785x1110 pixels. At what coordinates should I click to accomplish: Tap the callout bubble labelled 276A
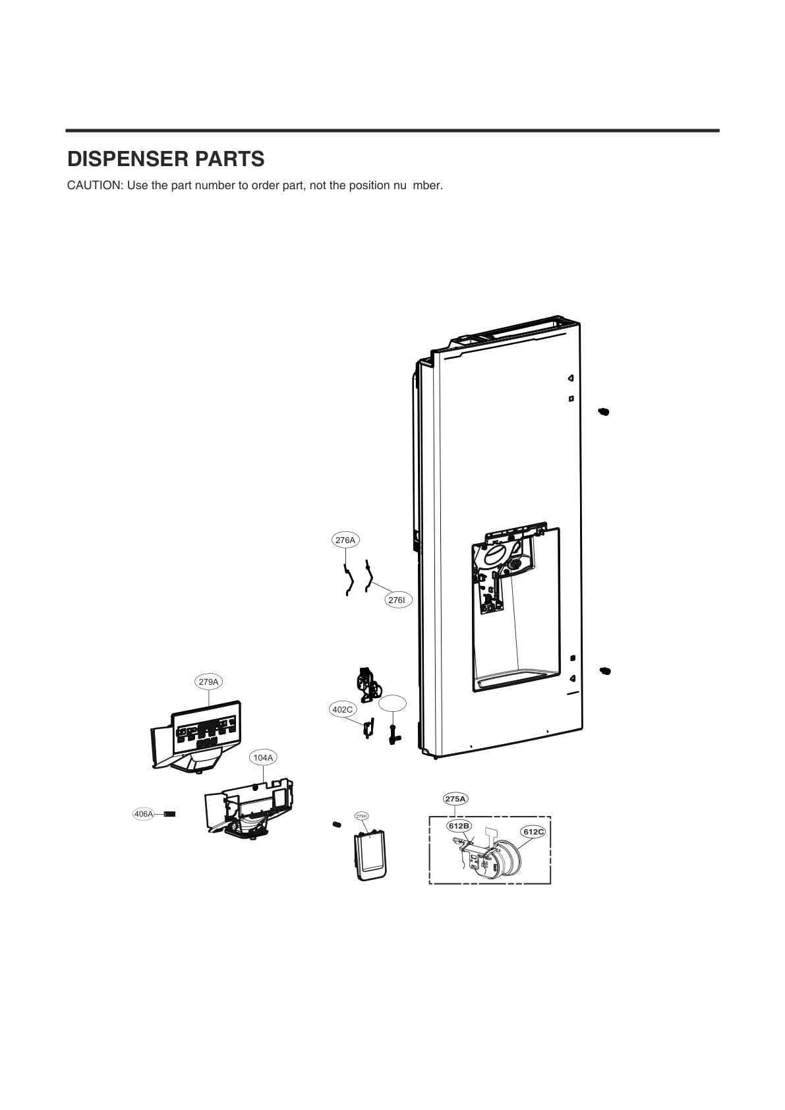pyautogui.click(x=345, y=540)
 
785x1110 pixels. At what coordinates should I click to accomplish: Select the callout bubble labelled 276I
pyautogui.click(x=397, y=600)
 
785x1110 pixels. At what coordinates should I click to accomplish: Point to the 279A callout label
pyautogui.click(x=209, y=682)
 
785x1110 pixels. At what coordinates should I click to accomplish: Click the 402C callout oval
pyautogui.click(x=342, y=710)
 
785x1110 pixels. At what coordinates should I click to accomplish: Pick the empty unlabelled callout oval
pyautogui.click(x=392, y=703)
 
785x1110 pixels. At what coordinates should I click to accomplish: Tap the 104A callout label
pyautogui.click(x=263, y=758)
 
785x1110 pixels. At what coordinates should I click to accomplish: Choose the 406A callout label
pyautogui.click(x=143, y=814)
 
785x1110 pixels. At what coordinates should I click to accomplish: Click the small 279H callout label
pyautogui.click(x=361, y=816)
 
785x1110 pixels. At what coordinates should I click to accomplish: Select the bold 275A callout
pyautogui.click(x=455, y=799)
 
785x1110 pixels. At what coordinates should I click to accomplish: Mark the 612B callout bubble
pyautogui.click(x=459, y=826)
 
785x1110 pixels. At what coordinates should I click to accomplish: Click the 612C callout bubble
pyautogui.click(x=533, y=832)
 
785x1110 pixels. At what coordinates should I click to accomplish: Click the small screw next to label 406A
pyautogui.click(x=169, y=814)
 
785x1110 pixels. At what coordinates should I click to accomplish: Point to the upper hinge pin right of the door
pyautogui.click(x=604, y=412)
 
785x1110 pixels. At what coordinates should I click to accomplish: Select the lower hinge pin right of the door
pyautogui.click(x=604, y=671)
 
